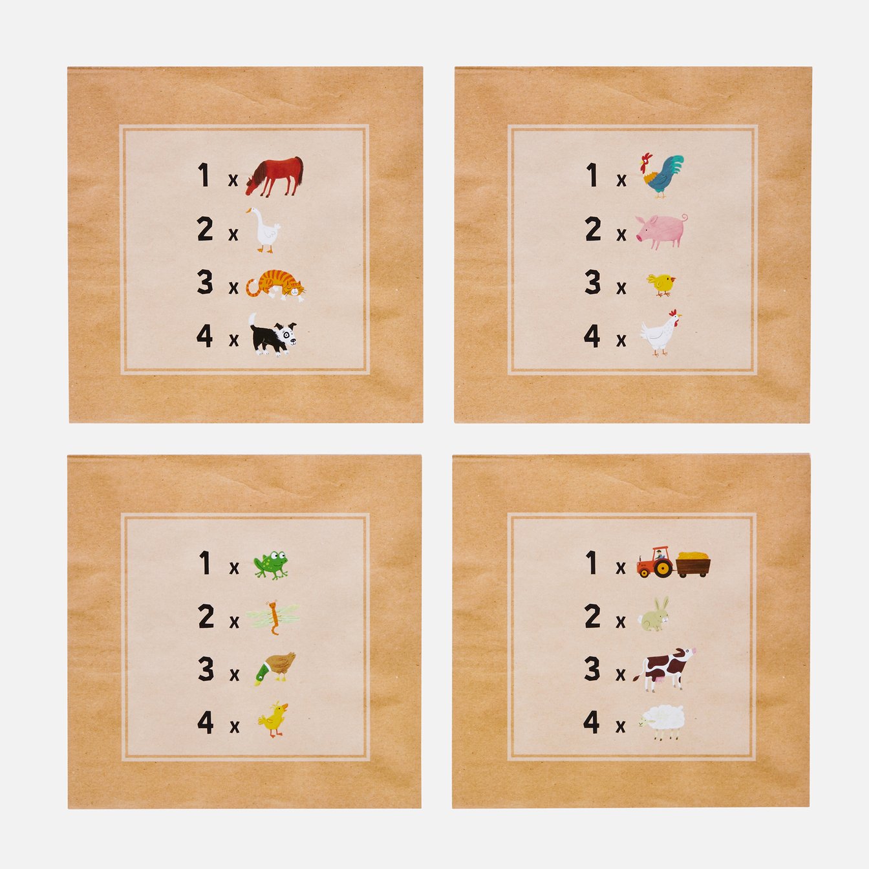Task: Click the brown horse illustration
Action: point(274,177)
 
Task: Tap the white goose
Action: point(264,230)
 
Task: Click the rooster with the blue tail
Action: point(661,176)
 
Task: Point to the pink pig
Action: point(661,230)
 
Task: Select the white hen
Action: point(661,333)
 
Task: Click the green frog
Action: point(270,564)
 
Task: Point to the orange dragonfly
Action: point(273,617)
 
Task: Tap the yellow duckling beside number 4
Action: point(274,720)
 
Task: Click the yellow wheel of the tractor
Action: point(663,568)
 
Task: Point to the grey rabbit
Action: point(654,614)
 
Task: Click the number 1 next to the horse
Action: point(204,175)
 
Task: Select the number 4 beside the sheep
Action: point(591,722)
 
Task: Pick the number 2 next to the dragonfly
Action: point(206,616)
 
